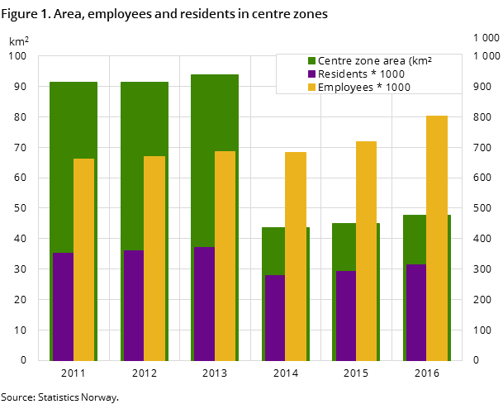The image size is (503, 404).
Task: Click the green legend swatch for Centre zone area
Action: pyautogui.click(x=312, y=60)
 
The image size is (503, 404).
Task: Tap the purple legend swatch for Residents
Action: pyautogui.click(x=312, y=74)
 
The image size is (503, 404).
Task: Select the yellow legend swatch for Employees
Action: pyautogui.click(x=312, y=87)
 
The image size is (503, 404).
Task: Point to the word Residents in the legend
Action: pyautogui.click(x=343, y=74)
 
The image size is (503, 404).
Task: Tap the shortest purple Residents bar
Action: pyautogui.click(x=274, y=318)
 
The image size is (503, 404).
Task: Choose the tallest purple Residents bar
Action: pyautogui.click(x=204, y=304)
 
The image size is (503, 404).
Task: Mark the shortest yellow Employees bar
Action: pyautogui.click(x=83, y=259)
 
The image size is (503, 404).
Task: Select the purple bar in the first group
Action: pyautogui.click(x=63, y=307)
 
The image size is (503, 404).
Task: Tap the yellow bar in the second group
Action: pyautogui.click(x=154, y=258)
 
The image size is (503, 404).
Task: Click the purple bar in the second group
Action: pyautogui.click(x=134, y=306)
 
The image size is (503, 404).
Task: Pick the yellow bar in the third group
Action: pyautogui.click(x=225, y=255)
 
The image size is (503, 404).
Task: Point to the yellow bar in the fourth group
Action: pyautogui.click(x=296, y=256)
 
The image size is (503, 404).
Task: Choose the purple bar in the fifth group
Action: pyautogui.click(x=345, y=316)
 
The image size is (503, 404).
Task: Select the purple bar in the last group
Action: pyautogui.click(x=416, y=312)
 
